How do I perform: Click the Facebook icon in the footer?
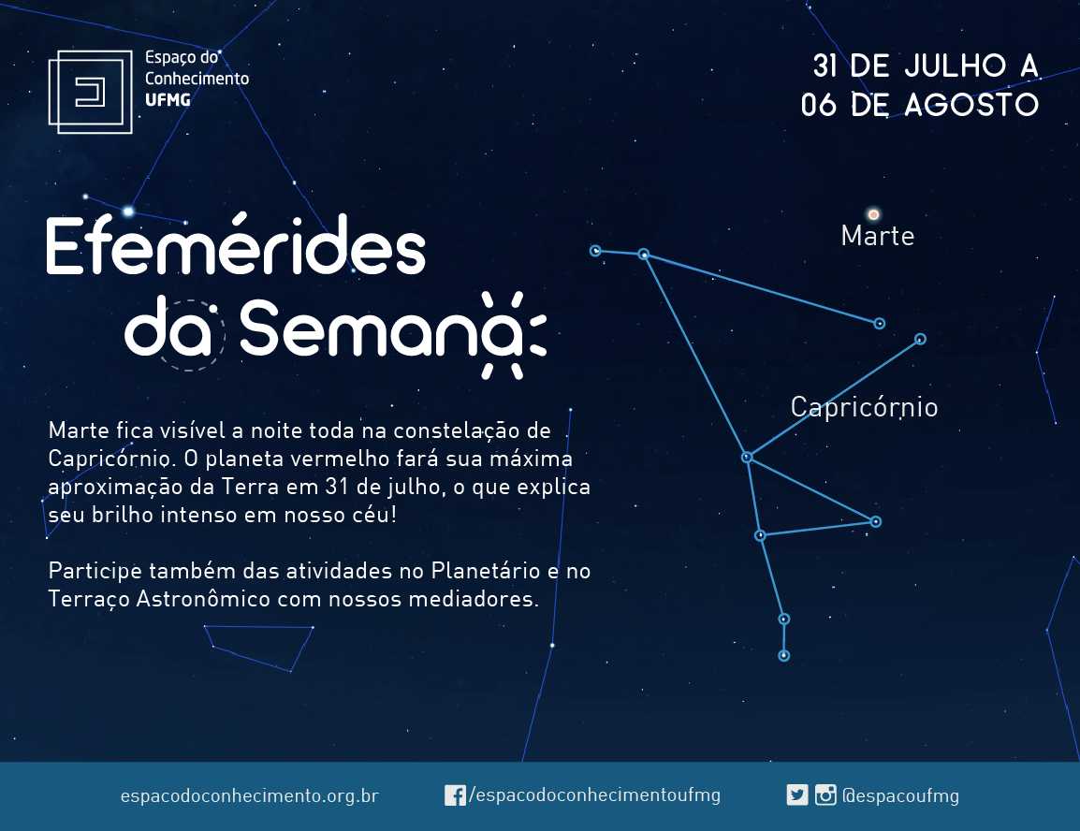pos(455,795)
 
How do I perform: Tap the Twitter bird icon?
pos(797,795)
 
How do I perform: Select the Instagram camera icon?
pos(825,795)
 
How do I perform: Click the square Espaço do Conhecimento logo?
pos(90,92)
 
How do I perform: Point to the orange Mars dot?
pos(873,215)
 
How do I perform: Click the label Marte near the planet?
pos(878,236)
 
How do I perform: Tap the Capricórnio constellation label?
pos(864,408)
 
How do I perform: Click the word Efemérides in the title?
pos(236,245)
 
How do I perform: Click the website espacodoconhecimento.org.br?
pos(249,795)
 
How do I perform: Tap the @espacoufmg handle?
pos(900,795)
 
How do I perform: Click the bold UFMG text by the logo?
pos(168,100)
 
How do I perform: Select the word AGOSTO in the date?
pos(971,105)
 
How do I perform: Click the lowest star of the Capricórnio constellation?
pos(784,656)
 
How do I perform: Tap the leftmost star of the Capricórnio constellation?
pos(596,251)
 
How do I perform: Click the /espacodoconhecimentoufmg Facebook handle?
pos(594,795)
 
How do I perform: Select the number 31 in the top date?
pos(825,66)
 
